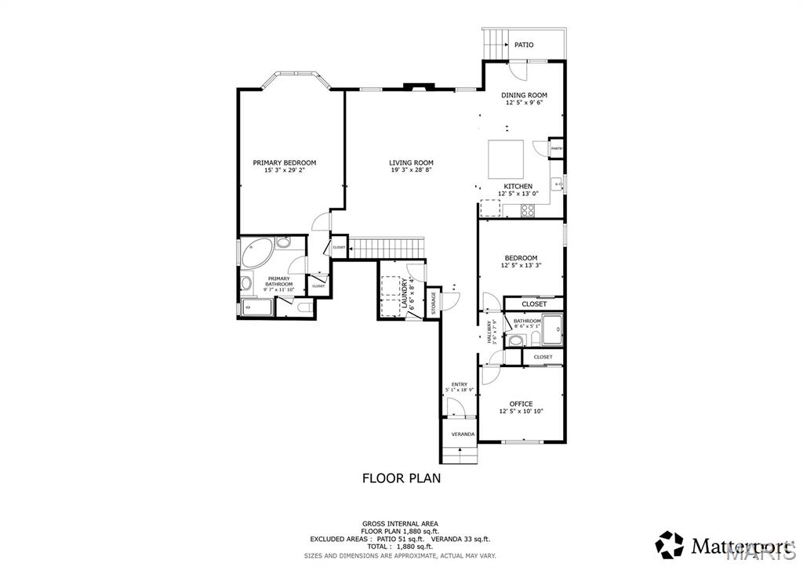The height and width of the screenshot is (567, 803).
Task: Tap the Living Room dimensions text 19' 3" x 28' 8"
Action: click(411, 170)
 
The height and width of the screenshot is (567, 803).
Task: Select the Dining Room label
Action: click(524, 95)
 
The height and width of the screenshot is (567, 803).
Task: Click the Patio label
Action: click(524, 45)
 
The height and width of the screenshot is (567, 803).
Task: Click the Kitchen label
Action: click(518, 186)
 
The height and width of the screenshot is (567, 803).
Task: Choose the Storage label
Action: click(433, 303)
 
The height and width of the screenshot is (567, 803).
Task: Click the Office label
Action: click(521, 404)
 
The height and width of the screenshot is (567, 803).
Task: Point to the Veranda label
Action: click(462, 434)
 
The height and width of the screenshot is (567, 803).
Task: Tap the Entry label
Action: click(459, 384)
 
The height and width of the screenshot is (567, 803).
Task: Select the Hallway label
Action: click(489, 332)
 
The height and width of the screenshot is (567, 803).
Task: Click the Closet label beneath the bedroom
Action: click(534, 303)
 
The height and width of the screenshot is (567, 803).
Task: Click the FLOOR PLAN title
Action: click(401, 477)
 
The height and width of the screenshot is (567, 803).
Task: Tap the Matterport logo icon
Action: click(670, 543)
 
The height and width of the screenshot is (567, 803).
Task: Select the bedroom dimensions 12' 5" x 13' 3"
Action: click(521, 266)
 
